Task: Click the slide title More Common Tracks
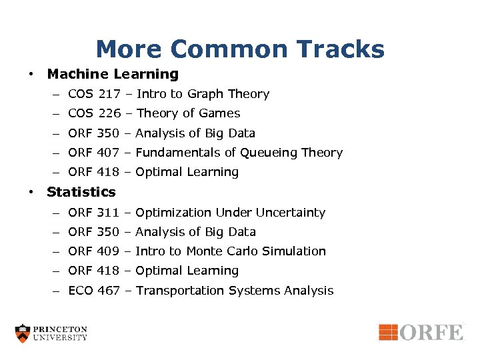coord(240,49)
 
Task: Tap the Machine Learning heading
coord(113,74)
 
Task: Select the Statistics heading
coord(81,192)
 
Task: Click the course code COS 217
coord(93,94)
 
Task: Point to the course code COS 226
coord(93,113)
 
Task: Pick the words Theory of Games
coord(188,113)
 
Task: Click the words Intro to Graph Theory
coord(203,94)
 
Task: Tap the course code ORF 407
coord(93,153)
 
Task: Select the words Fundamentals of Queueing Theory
coord(239,153)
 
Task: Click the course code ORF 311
coord(93,213)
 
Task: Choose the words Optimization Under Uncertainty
coord(230,213)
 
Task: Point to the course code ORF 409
coord(93,251)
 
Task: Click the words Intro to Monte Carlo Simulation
coord(231,251)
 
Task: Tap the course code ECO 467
coord(93,291)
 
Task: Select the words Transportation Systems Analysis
coord(234,291)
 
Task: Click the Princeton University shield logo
coord(23,333)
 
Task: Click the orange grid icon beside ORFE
coord(388,331)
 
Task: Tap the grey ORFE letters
coord(431,332)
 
